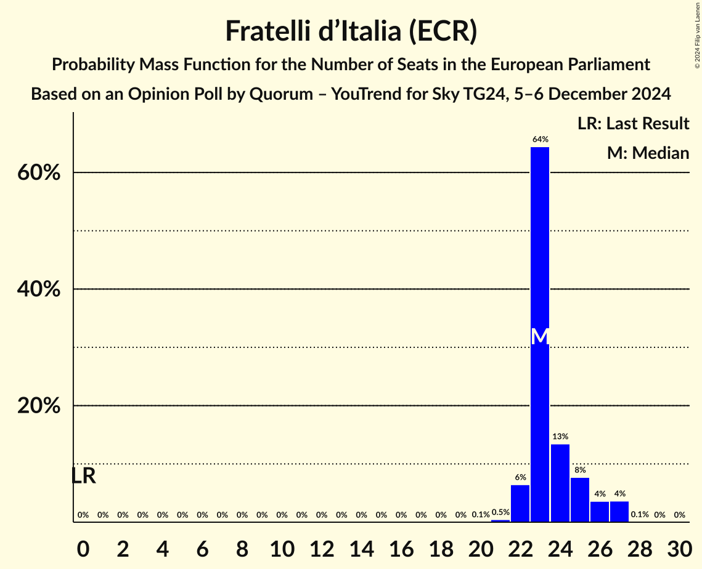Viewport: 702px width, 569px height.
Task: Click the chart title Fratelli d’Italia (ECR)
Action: coord(351,31)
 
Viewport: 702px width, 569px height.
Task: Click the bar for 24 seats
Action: coord(560,483)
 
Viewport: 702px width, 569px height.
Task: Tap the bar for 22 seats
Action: coord(520,503)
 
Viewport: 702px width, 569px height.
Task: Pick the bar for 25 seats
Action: coord(580,499)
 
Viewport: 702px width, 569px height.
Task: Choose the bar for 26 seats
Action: coord(600,512)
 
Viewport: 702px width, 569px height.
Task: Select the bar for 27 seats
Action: coord(619,512)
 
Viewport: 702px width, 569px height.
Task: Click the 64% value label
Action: coord(540,140)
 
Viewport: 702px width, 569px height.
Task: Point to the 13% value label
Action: coord(560,437)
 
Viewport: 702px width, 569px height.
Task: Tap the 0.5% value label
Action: coord(500,512)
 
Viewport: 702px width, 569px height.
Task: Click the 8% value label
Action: coord(580,470)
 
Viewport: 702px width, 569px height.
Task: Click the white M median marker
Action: coord(540,336)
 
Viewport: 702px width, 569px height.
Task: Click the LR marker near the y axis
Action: coord(83,476)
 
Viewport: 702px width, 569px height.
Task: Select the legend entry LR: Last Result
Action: coord(633,124)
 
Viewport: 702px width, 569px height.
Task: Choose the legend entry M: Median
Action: coord(648,153)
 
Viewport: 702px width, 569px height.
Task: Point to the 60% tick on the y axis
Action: coord(38,173)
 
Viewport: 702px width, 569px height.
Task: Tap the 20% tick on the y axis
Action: coord(38,406)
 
